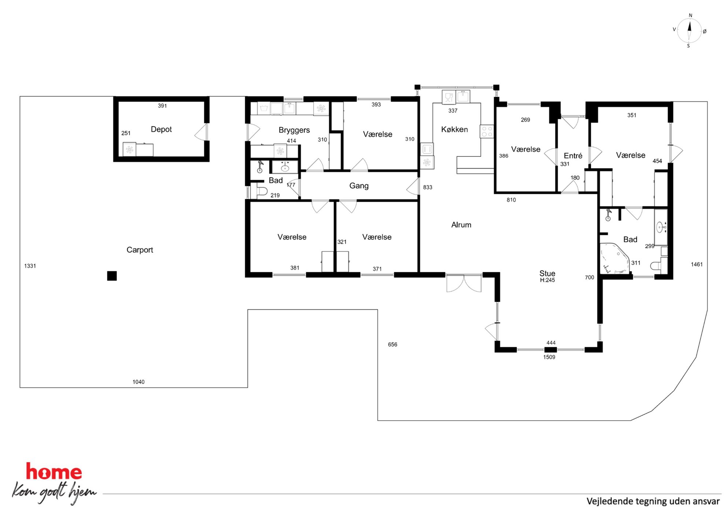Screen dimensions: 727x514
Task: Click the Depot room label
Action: coord(161,129)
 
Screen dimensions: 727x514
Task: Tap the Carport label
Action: coord(140,250)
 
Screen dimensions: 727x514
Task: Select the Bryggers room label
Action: coord(294,130)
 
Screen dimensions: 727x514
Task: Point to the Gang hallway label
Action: coord(359,186)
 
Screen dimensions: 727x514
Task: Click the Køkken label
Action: coord(454,129)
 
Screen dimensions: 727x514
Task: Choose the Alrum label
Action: coord(461,225)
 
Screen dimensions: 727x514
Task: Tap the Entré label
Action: coord(573,156)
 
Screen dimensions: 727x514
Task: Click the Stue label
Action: coord(547,273)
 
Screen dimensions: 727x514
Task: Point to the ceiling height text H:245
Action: coord(547,280)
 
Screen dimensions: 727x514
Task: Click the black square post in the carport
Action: coord(112,276)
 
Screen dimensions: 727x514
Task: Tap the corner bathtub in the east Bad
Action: coord(615,258)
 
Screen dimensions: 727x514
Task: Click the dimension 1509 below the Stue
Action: coord(549,357)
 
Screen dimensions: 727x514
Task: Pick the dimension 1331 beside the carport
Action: coord(30,266)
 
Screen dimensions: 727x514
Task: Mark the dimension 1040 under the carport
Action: coord(139,382)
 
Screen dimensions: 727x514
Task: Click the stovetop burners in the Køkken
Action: coord(487,132)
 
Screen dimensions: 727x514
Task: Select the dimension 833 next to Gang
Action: coord(428,188)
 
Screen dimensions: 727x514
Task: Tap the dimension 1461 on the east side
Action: coord(697,265)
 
